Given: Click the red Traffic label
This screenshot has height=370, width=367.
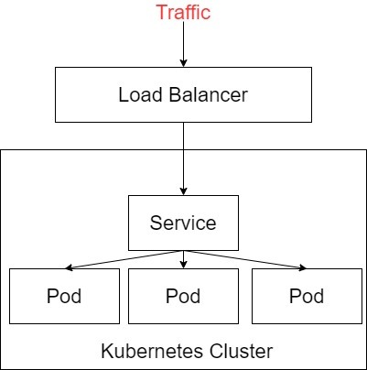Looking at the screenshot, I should (183, 13).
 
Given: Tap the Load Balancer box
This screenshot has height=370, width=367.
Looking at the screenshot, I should (183, 94).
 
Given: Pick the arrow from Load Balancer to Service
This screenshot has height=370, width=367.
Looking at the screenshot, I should (183, 156).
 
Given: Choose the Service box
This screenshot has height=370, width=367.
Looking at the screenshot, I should (183, 223).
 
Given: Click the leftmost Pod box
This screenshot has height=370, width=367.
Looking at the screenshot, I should (64, 296).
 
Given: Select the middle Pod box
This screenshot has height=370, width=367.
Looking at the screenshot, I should (183, 296).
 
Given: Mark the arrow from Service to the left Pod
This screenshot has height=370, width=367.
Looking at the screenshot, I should (124, 259).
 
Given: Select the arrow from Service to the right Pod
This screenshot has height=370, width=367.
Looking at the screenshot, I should (243, 259).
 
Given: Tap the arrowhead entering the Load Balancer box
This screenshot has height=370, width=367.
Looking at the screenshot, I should (183, 62).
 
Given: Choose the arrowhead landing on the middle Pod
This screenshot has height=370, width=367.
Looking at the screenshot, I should (183, 265).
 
